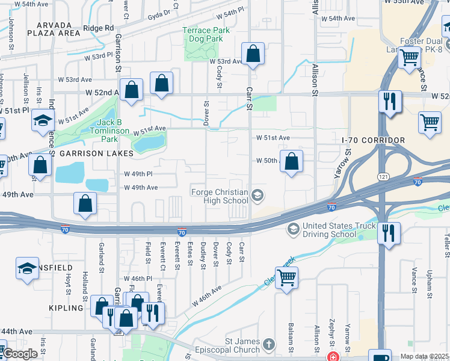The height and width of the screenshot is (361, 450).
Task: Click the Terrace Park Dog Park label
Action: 206,34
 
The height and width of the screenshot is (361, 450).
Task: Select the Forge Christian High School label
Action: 219,196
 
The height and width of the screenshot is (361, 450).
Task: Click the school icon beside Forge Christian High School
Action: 257,194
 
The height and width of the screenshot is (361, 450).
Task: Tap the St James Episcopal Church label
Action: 242,345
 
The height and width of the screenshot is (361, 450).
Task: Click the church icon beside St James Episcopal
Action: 268,345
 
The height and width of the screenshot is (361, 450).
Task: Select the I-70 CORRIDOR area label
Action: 373,140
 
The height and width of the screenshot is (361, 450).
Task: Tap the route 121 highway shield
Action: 383,176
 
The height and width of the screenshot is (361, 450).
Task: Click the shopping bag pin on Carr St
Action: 253,54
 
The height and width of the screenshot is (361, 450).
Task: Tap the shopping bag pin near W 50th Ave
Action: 291,161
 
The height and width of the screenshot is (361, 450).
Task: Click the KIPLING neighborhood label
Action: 67,308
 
